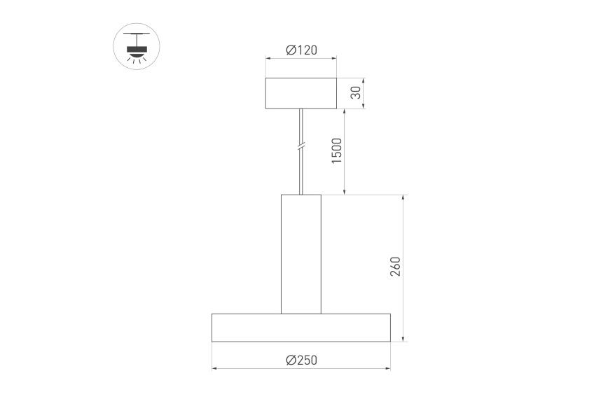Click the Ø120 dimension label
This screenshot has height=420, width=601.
tap(302, 50)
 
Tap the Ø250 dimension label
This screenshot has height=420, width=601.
tap(302, 360)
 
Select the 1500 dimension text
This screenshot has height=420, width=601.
tap(336, 150)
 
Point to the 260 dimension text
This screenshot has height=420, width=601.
tap(395, 267)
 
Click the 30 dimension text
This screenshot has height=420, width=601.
tap(356, 92)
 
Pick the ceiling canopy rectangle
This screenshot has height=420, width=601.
tap(301, 93)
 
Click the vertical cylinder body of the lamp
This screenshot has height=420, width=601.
tap(301, 254)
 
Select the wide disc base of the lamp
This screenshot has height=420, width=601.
tap(301, 328)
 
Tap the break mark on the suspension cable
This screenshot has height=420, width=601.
tap(301, 146)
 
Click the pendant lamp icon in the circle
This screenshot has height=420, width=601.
tap(137, 47)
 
